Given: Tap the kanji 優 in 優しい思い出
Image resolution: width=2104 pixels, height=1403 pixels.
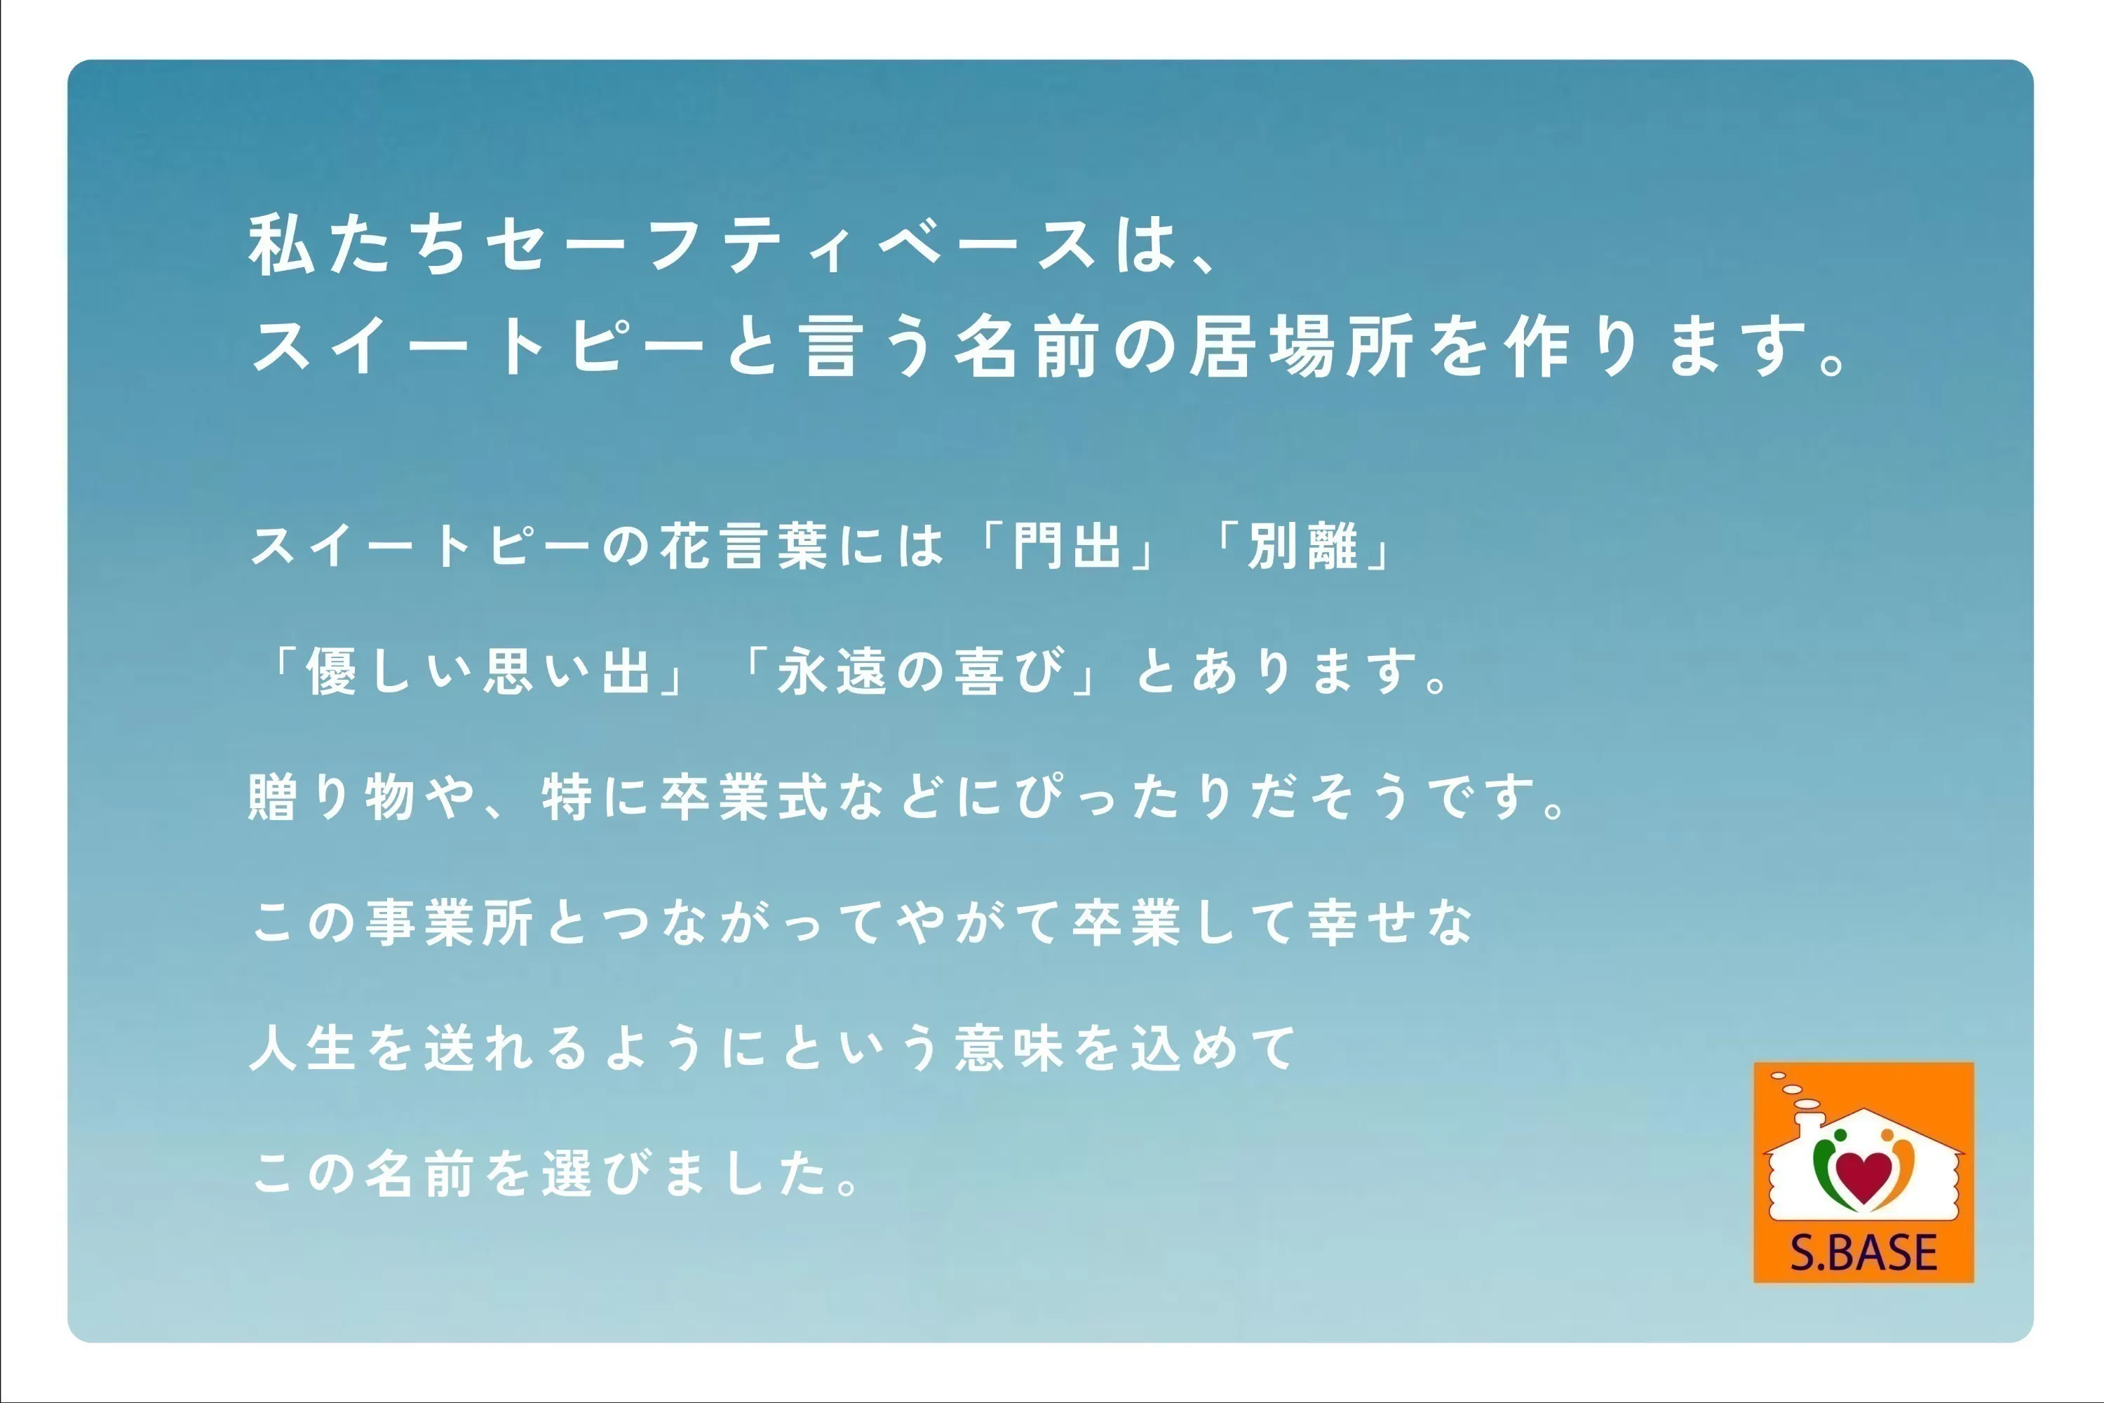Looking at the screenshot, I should point(332,671).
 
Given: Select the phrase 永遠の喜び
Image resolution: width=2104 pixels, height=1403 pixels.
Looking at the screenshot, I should point(922,671).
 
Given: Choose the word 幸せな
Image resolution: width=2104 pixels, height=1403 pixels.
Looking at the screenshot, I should point(1390,922).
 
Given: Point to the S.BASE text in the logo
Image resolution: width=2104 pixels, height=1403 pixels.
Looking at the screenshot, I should point(1863,1253).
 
